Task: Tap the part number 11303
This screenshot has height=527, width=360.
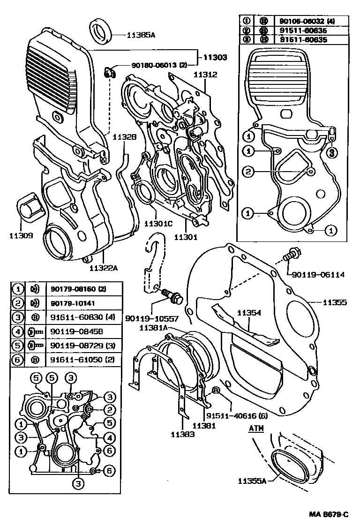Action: coord(215,57)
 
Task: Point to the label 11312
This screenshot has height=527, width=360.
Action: coord(205,75)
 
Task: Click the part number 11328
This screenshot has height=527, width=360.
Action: coord(124,137)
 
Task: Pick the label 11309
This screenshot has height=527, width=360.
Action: coord(20,235)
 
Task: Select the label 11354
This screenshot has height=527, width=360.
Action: coord(248,313)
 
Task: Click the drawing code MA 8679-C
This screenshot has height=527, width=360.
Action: coord(329,514)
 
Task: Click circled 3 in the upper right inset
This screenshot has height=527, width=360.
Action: coord(330,151)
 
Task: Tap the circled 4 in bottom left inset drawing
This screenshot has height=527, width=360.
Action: coord(108,438)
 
